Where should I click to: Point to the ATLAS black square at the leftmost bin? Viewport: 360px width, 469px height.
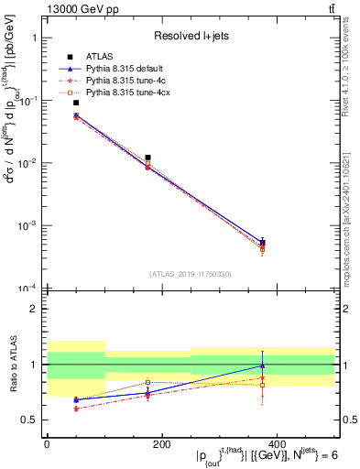pos(76,103)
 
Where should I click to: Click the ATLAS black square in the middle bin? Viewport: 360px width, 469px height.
pos(147,158)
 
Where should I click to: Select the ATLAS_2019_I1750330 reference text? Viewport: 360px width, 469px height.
pos(190,273)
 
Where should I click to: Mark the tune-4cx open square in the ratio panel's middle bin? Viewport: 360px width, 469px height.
pos(147,382)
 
